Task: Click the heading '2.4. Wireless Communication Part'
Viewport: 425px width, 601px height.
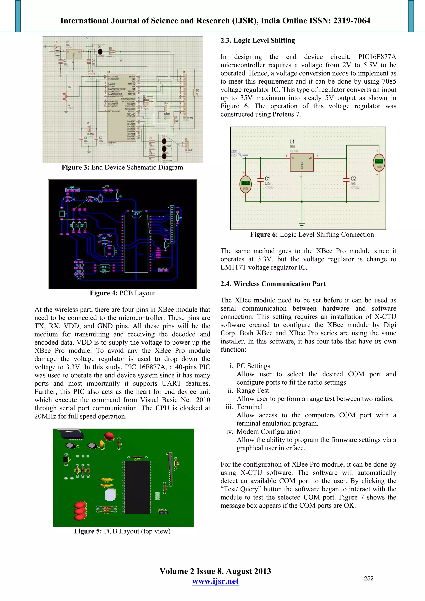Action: tap(273, 284)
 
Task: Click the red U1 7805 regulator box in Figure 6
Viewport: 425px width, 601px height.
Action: tap(302, 162)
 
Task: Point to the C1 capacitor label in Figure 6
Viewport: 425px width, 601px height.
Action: tap(267, 179)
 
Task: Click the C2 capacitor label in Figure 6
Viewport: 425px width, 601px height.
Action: tap(353, 179)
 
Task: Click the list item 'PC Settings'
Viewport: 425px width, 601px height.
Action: tap(253, 366)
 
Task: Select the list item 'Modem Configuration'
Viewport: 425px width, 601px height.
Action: tap(268, 432)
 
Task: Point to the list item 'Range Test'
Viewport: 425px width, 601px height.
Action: tap(253, 391)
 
